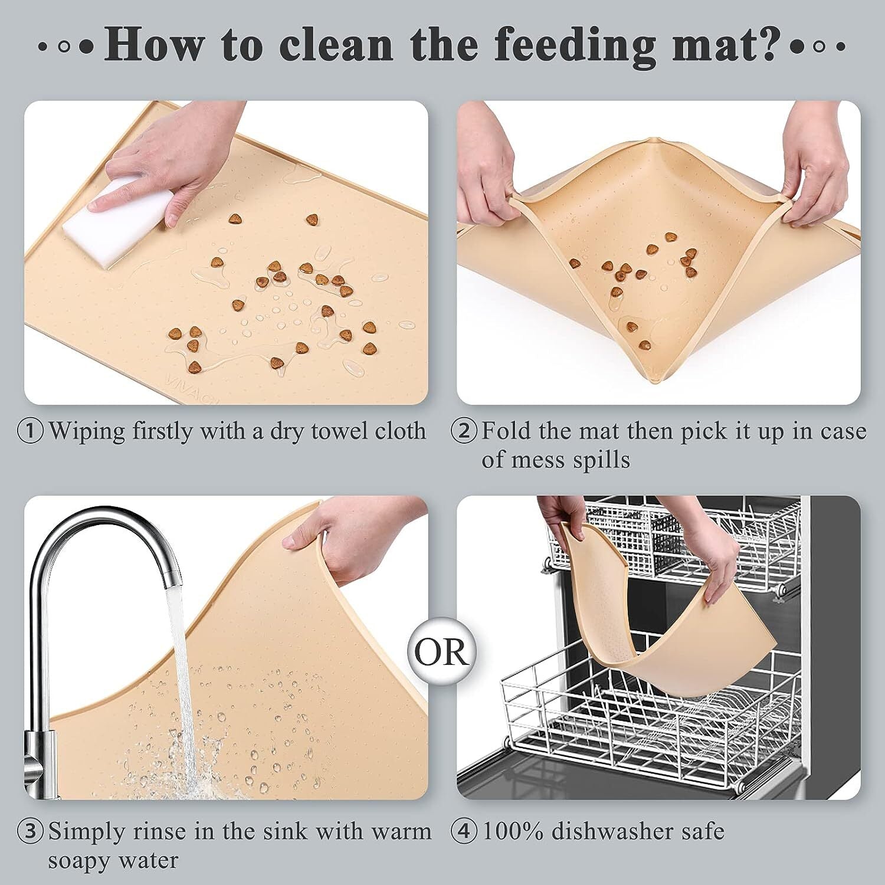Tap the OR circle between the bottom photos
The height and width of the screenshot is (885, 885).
pyautogui.click(x=442, y=651)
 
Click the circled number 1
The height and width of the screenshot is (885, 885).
pyautogui.click(x=31, y=432)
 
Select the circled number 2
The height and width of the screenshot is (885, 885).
pyautogui.click(x=464, y=432)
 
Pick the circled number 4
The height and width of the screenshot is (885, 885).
pyautogui.click(x=464, y=832)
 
